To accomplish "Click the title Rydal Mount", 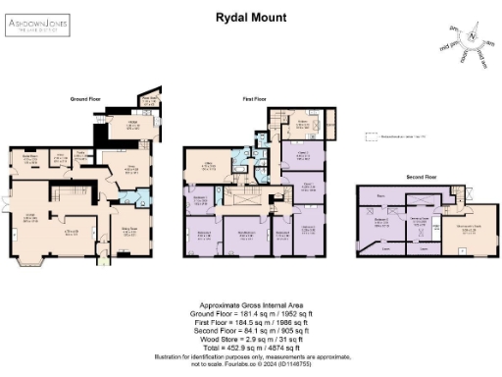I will coord(251,17).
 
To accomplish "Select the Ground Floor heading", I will coord(87,100).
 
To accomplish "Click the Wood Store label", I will coord(150,100).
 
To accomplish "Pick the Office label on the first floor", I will coord(208,164).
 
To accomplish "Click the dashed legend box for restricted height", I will coord(366,137).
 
